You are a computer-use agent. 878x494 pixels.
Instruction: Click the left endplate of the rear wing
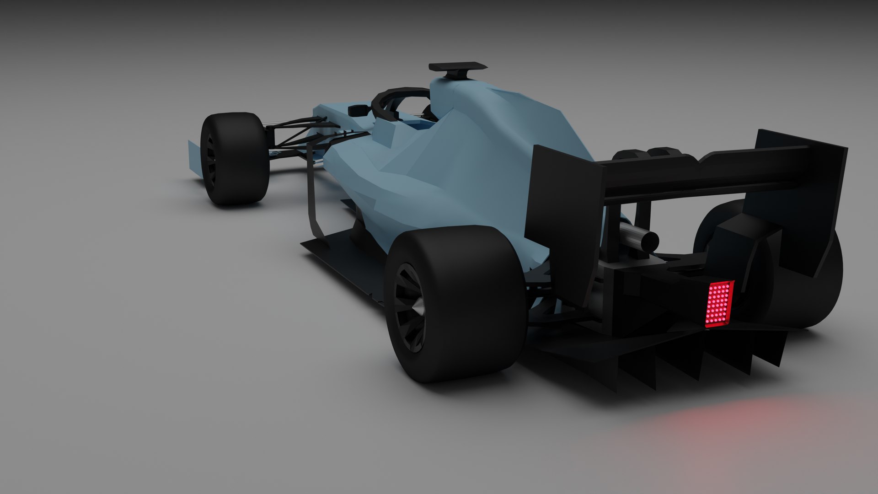point(562,215)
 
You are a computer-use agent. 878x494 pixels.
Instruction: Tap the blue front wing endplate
point(194,158)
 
